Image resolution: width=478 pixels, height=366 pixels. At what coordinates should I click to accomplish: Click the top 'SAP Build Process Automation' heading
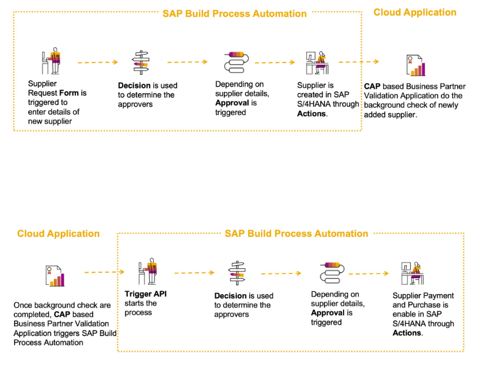(x=235, y=14)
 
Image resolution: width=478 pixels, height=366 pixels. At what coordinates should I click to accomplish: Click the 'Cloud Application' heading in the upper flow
(x=415, y=12)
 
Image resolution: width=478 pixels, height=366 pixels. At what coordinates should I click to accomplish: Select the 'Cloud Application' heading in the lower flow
(x=58, y=233)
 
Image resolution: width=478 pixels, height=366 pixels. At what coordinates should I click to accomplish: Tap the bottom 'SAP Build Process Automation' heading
(x=296, y=233)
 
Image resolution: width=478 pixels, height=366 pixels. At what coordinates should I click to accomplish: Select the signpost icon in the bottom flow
(x=237, y=273)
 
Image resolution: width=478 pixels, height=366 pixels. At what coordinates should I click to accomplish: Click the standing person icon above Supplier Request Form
(x=51, y=61)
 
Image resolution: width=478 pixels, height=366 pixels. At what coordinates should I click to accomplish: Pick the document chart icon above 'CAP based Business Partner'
(x=416, y=65)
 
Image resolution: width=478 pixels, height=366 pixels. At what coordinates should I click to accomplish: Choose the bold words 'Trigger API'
(x=144, y=294)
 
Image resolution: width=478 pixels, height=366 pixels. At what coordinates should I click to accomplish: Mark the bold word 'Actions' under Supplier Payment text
(x=407, y=333)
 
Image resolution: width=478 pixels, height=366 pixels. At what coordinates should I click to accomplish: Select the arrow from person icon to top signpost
(x=98, y=61)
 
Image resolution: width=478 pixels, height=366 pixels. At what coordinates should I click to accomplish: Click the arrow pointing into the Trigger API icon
(x=104, y=272)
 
